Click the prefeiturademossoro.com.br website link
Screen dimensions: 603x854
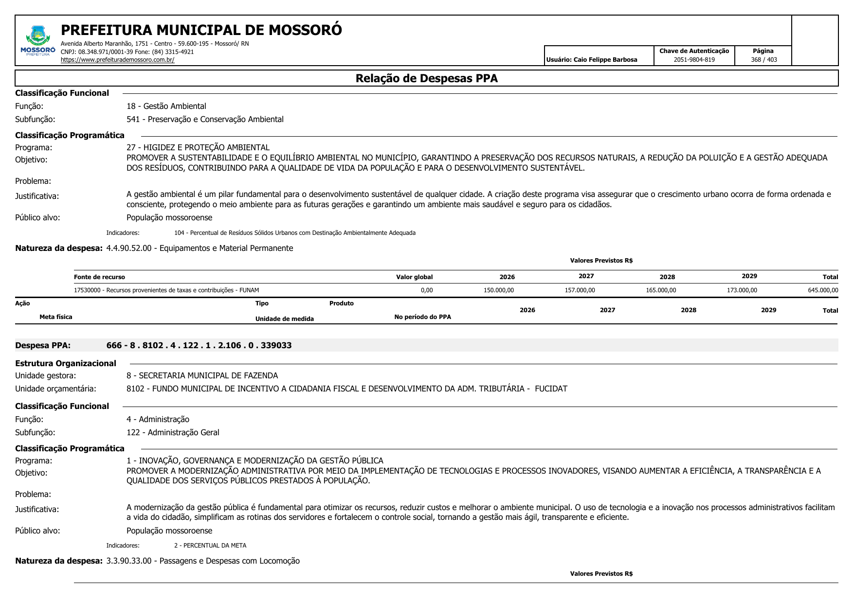pyautogui.click(x=117, y=60)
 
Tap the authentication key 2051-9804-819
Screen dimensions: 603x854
pyautogui.click(x=694, y=60)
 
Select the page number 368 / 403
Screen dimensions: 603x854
pyautogui.click(x=763, y=60)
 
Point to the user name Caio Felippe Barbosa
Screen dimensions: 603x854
pyautogui.click(x=591, y=60)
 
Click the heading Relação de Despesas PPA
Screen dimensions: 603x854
pyautogui.click(x=426, y=78)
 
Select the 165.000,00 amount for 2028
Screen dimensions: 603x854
pyautogui.click(x=660, y=290)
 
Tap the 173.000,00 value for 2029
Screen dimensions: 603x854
pyautogui.click(x=742, y=290)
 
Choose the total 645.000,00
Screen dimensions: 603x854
pyautogui.click(x=823, y=290)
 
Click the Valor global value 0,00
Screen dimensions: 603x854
pyautogui.click(x=426, y=290)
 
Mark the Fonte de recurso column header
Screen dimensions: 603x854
pyautogui.click(x=99, y=277)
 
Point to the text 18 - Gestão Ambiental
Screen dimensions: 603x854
pyautogui.click(x=166, y=106)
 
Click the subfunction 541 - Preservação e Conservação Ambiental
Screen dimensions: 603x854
pyautogui.click(x=205, y=119)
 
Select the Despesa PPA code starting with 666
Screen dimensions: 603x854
pyautogui.click(x=199, y=345)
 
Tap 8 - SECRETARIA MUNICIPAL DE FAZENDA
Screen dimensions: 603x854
pyautogui.click(x=202, y=375)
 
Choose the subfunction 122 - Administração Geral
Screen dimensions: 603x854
pyautogui.click(x=173, y=432)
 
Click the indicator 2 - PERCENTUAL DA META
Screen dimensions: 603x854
pyautogui.click(x=210, y=546)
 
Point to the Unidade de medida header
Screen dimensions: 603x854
pyautogui.click(x=284, y=319)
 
